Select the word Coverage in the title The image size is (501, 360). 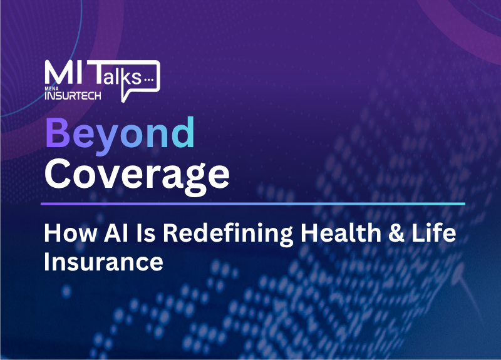pyautogui.click(x=137, y=176)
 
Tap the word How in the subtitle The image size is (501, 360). pyautogui.click(x=70, y=233)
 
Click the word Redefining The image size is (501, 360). pyautogui.click(x=228, y=235)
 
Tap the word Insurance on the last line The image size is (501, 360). pyautogui.click(x=103, y=262)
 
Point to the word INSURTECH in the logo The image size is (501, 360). pyautogui.click(x=73, y=96)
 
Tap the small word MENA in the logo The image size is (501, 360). pyautogui.click(x=51, y=88)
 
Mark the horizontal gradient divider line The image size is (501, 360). pyautogui.click(x=253, y=203)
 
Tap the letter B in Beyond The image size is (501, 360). pyautogui.click(x=58, y=132)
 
